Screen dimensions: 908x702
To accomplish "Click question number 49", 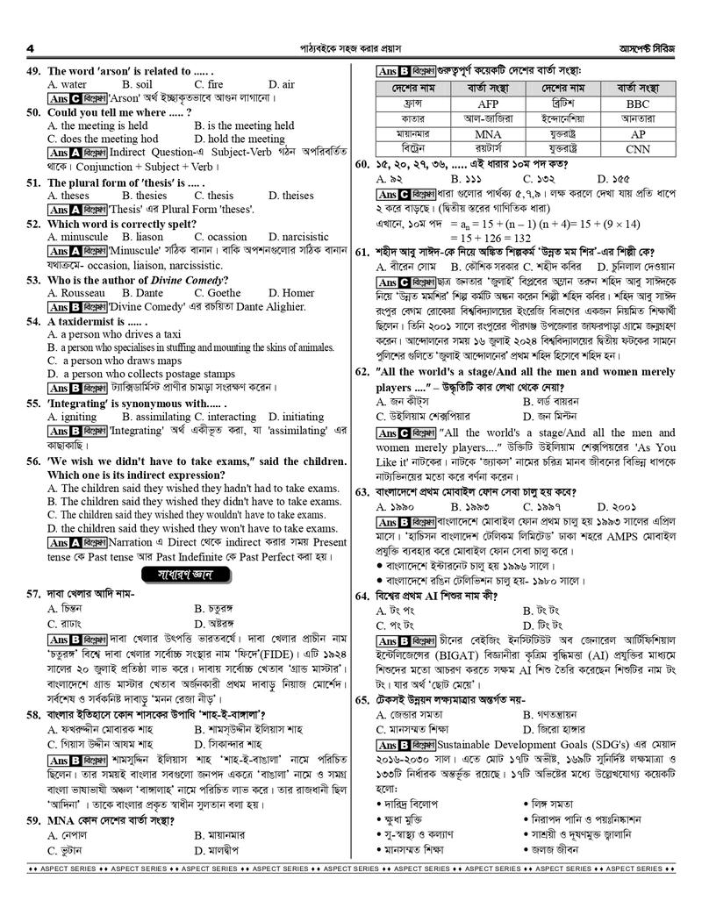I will [x=35, y=71].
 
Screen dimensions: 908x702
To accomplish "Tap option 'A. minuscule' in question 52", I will [x=78, y=237].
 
